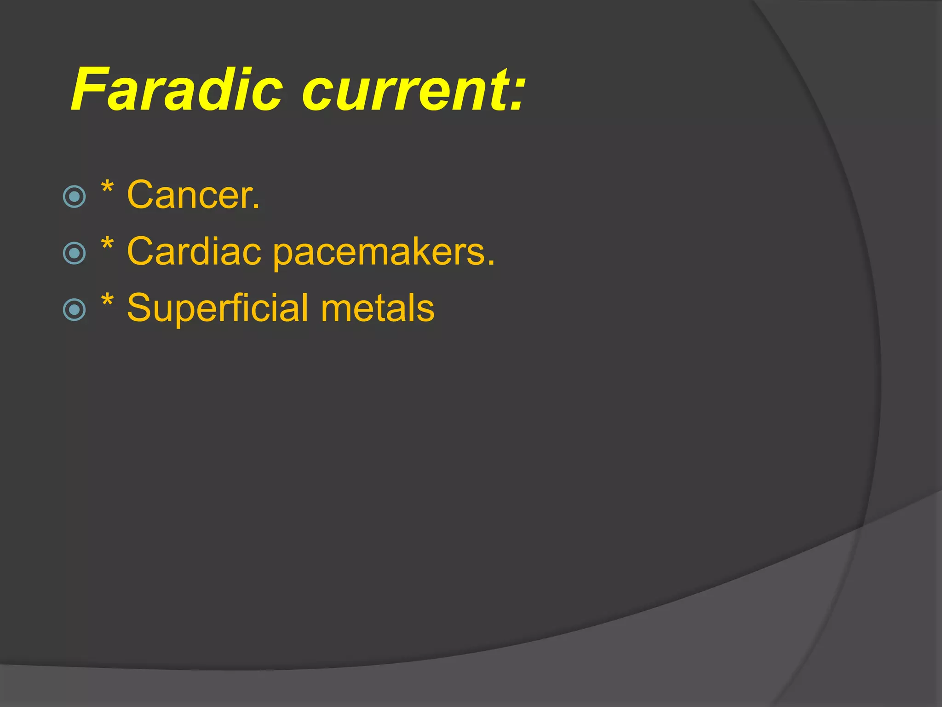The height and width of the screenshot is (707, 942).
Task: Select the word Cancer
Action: [189, 195]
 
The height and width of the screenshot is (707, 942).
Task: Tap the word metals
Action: [377, 308]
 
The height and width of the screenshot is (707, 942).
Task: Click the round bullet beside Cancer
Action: [74, 197]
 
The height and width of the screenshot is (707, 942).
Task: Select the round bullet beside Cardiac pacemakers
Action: [74, 253]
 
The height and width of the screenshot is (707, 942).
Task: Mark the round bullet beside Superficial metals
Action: [74, 310]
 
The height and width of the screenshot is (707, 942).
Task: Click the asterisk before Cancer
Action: [107, 188]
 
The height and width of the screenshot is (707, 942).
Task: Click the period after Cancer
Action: [256, 208]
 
